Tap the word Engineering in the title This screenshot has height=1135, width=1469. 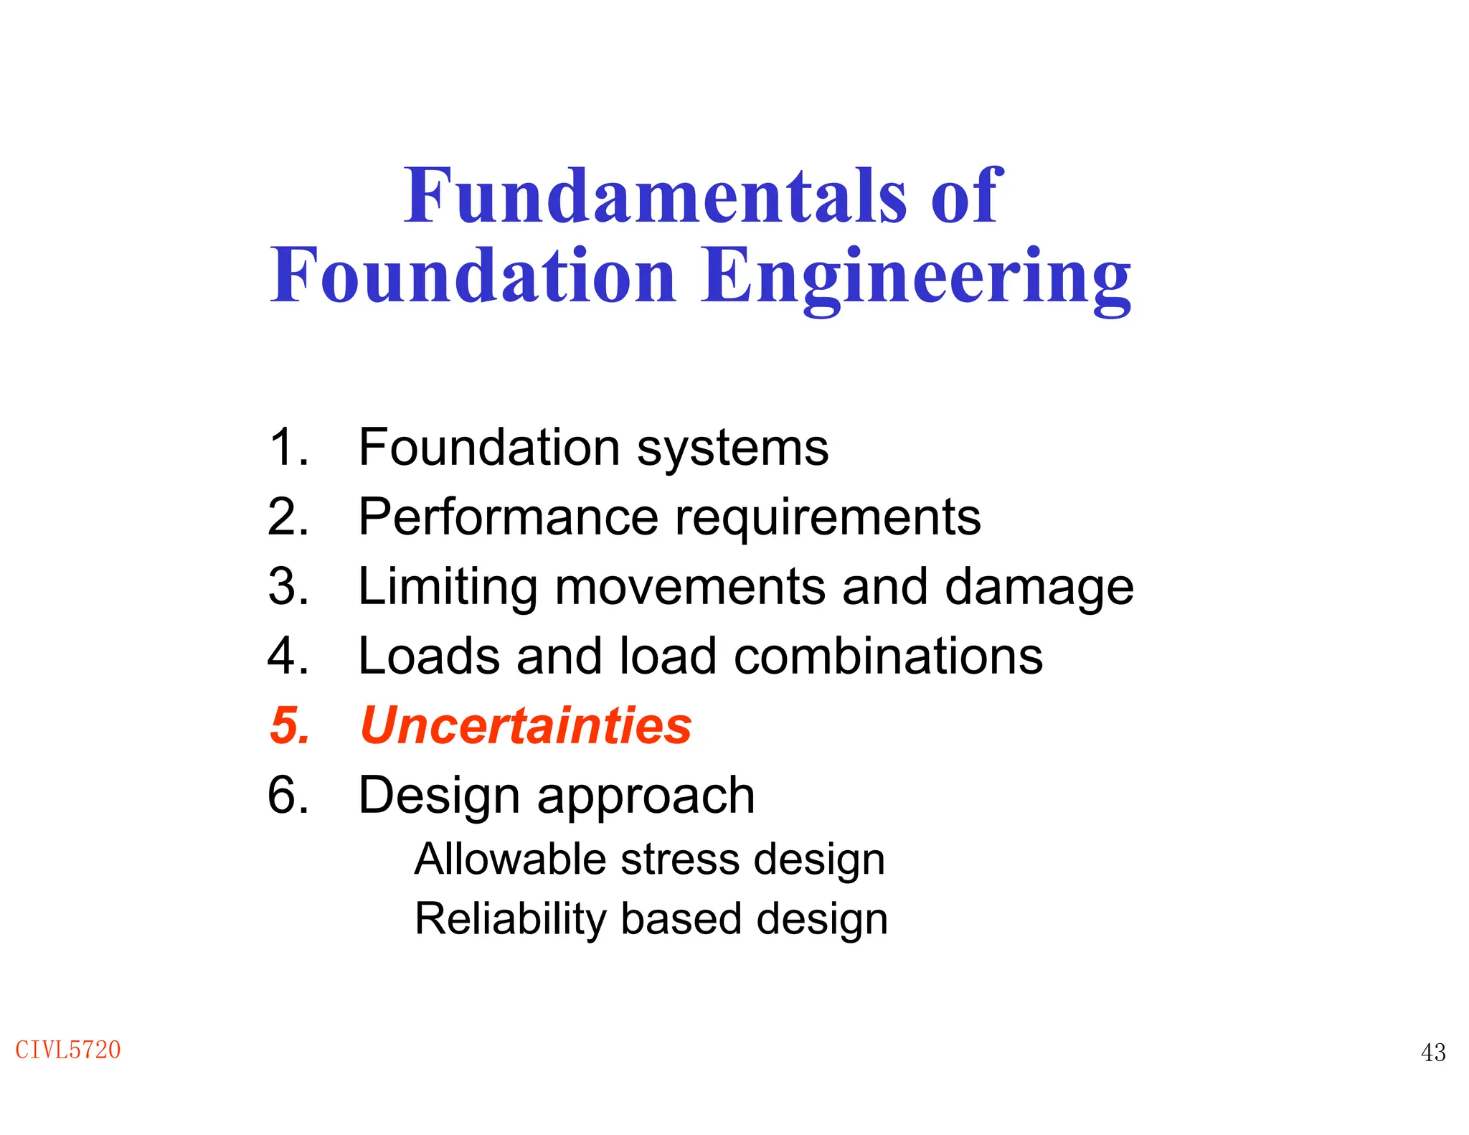tap(915, 278)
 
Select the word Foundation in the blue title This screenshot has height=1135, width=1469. tap(473, 275)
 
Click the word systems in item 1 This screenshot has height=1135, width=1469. tap(732, 448)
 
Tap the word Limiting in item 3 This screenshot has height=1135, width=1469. tap(448, 587)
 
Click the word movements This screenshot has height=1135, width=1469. tap(690, 587)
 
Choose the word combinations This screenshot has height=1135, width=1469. tap(888, 656)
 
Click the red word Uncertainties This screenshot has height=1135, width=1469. tap(526, 725)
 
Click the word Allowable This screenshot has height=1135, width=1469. tap(510, 859)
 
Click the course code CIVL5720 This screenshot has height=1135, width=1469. tap(68, 1050)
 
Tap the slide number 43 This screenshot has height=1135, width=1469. tap(1433, 1052)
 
